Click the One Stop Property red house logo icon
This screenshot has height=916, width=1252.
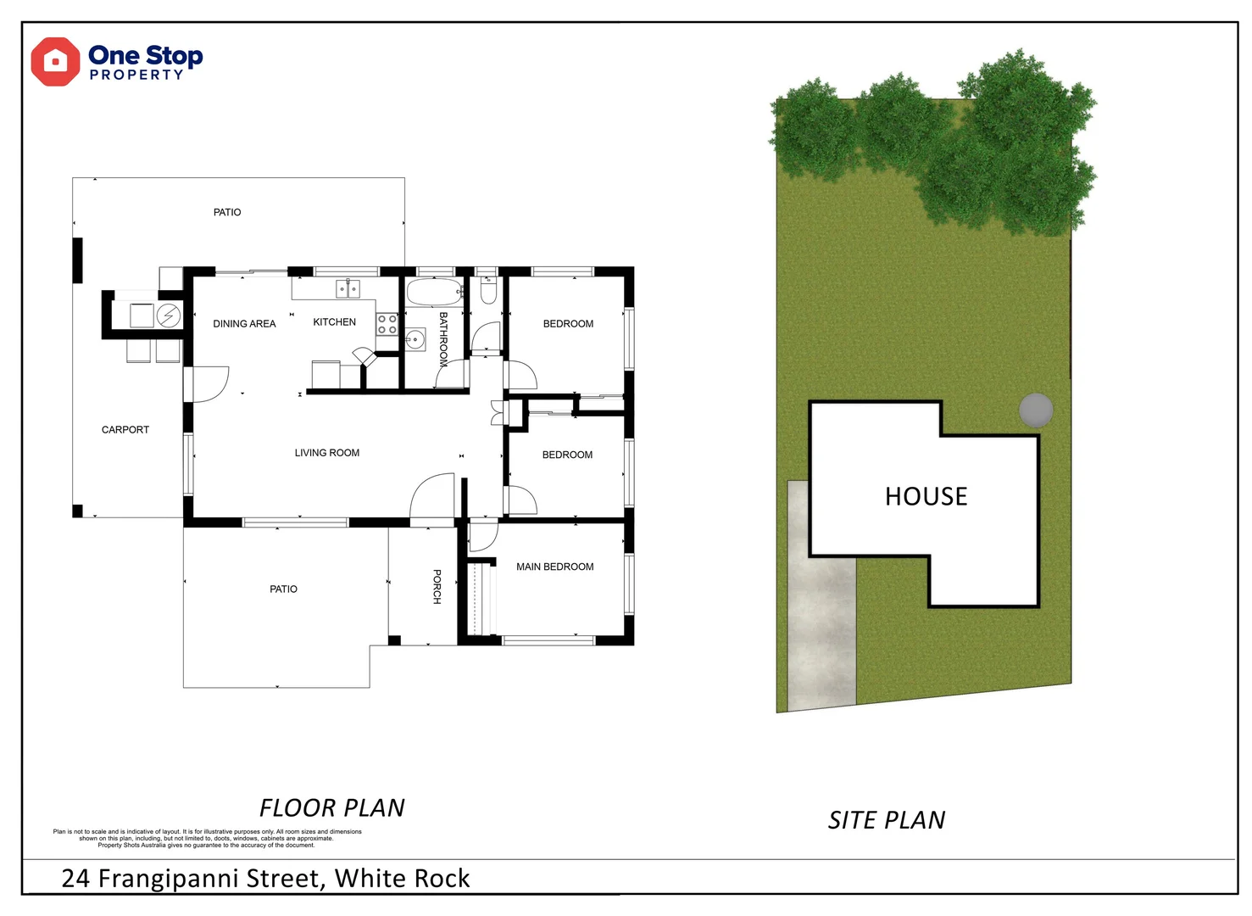point(55,62)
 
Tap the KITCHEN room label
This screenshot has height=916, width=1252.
point(334,322)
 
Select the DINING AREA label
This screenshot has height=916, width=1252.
point(244,324)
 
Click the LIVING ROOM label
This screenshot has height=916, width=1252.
point(326,453)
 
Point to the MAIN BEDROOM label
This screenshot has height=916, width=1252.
point(554,567)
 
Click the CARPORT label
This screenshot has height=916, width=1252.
point(125,430)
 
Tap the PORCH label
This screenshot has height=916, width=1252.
point(437,586)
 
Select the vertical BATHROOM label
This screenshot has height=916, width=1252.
point(442,339)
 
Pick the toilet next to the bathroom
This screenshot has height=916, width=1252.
point(487,292)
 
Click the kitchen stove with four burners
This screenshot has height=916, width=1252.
point(387,324)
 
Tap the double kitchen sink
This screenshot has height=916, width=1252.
point(348,289)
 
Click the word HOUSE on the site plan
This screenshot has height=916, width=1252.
point(926,496)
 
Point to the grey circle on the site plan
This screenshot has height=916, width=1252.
point(1035,411)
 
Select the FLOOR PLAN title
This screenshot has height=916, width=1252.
point(331,807)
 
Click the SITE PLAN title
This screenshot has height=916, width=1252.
point(886,820)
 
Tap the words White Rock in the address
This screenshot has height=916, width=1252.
point(402,879)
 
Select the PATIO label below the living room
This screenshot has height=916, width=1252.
point(283,589)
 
